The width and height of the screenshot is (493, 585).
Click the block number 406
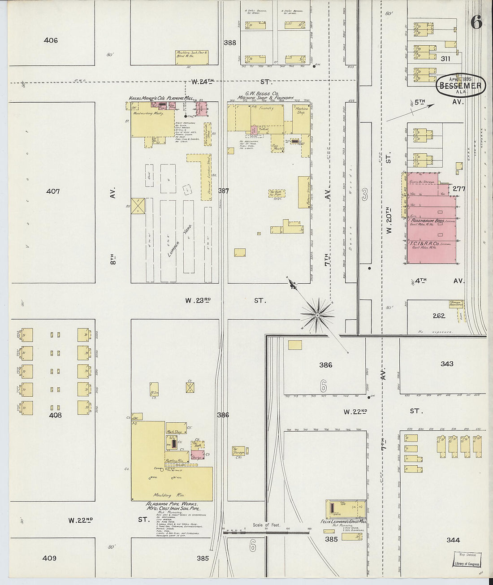pos(51,40)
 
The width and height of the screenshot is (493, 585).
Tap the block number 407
pos(53,191)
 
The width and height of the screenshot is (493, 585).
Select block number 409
pos(49,558)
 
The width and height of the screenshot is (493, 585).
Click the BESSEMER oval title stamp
pos(461,85)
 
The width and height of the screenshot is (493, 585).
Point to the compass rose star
pos(317,315)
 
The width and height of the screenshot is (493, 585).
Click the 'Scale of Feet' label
pos(266,525)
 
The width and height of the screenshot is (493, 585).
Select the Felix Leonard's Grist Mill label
pos(343,521)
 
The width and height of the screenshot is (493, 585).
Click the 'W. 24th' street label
pos(203,82)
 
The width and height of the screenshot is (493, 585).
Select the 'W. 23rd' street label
pos(198,300)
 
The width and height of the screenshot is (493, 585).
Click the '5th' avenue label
pos(419,102)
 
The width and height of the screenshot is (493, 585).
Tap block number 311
pos(445,59)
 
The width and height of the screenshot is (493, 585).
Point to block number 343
pos(447,364)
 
